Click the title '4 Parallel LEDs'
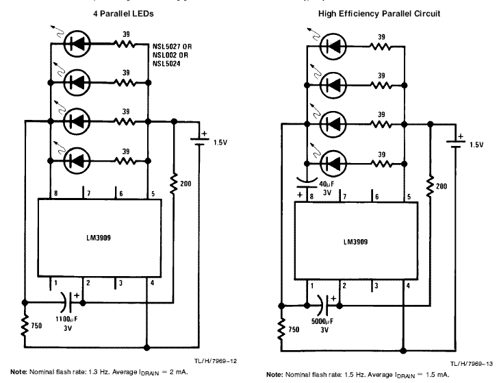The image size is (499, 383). (123, 14)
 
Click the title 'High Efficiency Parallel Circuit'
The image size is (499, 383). (379, 14)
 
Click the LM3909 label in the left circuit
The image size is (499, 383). (99, 238)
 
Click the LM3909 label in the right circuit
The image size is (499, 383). (355, 242)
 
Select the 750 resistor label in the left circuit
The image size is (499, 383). (36, 325)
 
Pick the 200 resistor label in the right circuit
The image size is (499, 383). (441, 186)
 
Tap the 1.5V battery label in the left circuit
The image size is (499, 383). (220, 142)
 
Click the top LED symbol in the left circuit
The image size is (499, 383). (77, 43)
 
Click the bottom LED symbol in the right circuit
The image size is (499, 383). (333, 164)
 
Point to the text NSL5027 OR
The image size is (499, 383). (172, 47)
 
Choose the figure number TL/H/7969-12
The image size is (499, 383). (216, 361)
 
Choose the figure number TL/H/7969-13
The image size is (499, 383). (472, 364)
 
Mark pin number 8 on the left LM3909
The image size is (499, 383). (56, 193)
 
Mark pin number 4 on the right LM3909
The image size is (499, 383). (408, 286)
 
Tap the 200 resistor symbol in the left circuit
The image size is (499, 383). (173, 184)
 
